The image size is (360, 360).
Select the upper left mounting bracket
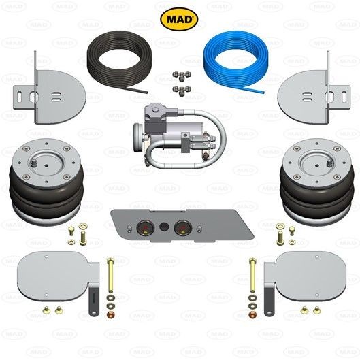(x=48, y=89)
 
